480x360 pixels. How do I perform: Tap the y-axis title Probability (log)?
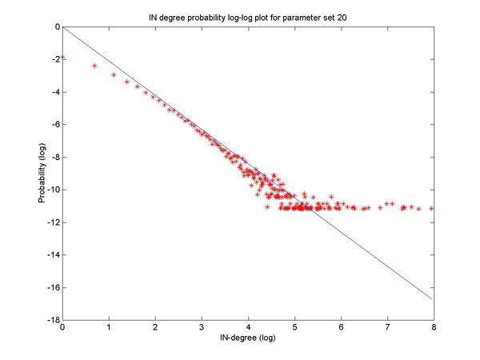pos(42,173)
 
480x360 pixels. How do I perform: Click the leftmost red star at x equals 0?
pos(62,58)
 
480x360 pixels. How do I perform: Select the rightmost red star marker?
pos(432,208)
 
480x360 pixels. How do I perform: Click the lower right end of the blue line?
pos(432,298)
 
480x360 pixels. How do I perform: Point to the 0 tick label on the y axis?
pos(54,26)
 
